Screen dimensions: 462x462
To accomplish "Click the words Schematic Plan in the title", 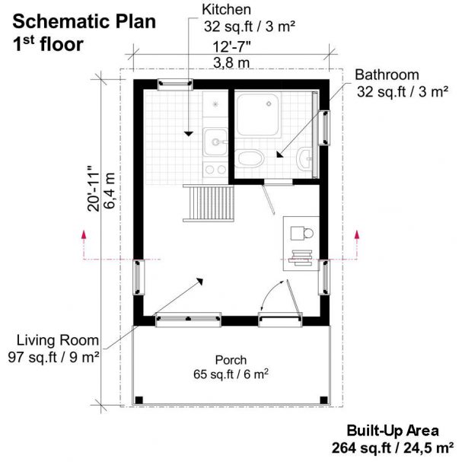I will pos(84,21).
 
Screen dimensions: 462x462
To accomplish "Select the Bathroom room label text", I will pos(387,75).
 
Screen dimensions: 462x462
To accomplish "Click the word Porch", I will pos(231,360).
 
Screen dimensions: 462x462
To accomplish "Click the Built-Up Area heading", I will pos(388,429).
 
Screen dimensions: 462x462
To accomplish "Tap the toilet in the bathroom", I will pos(250,158).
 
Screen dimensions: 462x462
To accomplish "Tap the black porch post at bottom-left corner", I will pos(139,400).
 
